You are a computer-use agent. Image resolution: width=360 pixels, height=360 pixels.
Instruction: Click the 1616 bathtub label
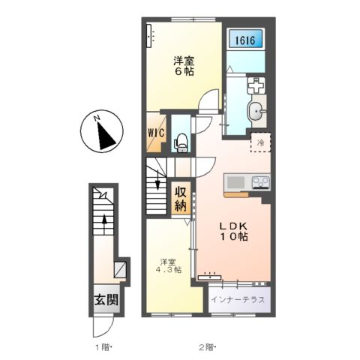point(245,40)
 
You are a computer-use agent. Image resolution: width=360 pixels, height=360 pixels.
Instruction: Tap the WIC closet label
point(156,133)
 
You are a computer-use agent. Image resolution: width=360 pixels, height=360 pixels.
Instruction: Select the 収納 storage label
point(181,199)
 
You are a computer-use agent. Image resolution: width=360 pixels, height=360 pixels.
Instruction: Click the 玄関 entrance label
point(106,299)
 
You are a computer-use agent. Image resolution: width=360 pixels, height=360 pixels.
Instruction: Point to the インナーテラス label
point(238,299)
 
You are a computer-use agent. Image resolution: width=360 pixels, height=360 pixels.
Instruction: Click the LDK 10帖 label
point(234,231)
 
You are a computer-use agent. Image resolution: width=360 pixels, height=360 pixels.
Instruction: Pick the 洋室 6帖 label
point(184,66)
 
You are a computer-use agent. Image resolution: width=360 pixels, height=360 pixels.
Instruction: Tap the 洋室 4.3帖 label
point(169,265)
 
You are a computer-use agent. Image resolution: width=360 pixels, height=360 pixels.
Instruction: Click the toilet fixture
point(181,143)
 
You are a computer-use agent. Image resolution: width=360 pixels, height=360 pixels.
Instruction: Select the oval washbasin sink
point(255,111)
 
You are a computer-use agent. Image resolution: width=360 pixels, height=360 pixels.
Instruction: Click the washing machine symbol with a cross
point(256,85)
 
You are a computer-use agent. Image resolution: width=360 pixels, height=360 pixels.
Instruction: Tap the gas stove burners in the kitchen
point(261,182)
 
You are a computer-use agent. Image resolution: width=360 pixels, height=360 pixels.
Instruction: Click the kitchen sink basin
point(235,182)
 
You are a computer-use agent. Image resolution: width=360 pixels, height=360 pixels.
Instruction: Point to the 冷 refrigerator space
point(261,142)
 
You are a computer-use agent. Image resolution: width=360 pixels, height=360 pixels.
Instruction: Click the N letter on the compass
point(96,118)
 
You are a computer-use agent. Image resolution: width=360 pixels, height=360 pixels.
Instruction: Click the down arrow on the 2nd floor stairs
point(157,179)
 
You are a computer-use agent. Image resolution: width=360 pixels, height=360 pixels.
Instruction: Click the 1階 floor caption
point(103,347)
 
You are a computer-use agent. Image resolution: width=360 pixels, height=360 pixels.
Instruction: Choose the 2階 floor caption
point(207,347)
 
